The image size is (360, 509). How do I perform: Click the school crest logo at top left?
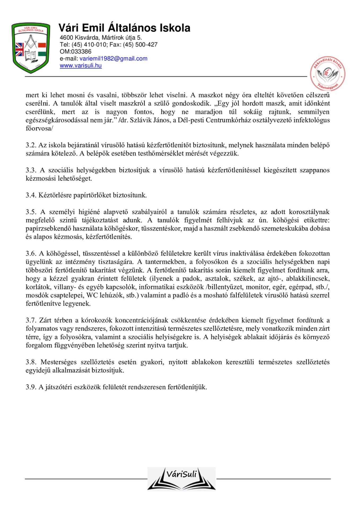(x=31, y=48)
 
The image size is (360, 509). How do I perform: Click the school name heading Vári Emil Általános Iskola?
(x=124, y=28)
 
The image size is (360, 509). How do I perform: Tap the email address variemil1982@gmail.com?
(x=113, y=59)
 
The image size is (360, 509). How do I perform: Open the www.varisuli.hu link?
(x=81, y=65)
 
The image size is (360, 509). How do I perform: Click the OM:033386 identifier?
(x=75, y=51)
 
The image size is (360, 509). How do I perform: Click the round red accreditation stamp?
(x=328, y=74)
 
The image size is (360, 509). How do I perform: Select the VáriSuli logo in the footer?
(x=181, y=479)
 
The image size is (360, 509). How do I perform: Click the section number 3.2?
(x=31, y=145)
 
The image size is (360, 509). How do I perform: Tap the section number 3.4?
(x=31, y=195)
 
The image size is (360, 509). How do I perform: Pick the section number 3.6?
(x=31, y=254)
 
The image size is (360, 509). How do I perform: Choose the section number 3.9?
(x=31, y=387)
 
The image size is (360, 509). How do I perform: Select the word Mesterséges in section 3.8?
(x=58, y=362)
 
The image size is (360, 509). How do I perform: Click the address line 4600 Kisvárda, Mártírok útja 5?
(x=101, y=38)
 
